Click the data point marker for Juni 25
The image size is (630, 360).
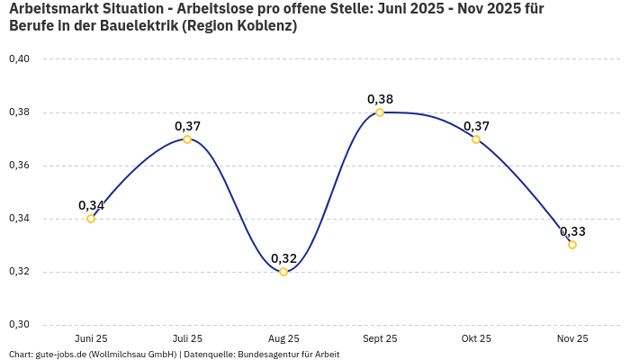point(91,219)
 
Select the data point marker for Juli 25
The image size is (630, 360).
point(187,139)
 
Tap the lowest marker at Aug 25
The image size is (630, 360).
point(283,272)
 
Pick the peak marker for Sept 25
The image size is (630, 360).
point(380,112)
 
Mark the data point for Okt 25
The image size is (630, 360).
point(476,139)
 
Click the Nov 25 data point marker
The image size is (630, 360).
point(572,245)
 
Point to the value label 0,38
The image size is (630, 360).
point(380,99)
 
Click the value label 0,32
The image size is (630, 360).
point(283,258)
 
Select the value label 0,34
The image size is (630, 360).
point(91,205)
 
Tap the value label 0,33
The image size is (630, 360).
point(572,231)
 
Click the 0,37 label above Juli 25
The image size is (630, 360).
point(187,126)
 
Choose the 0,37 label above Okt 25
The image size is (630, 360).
point(476,126)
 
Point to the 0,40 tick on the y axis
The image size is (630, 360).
point(19,59)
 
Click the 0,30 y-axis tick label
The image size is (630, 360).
point(19,325)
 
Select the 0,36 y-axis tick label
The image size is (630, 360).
point(19,166)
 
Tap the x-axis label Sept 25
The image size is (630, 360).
point(380,338)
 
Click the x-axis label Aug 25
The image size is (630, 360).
point(283,338)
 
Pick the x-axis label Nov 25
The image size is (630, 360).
point(572,338)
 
